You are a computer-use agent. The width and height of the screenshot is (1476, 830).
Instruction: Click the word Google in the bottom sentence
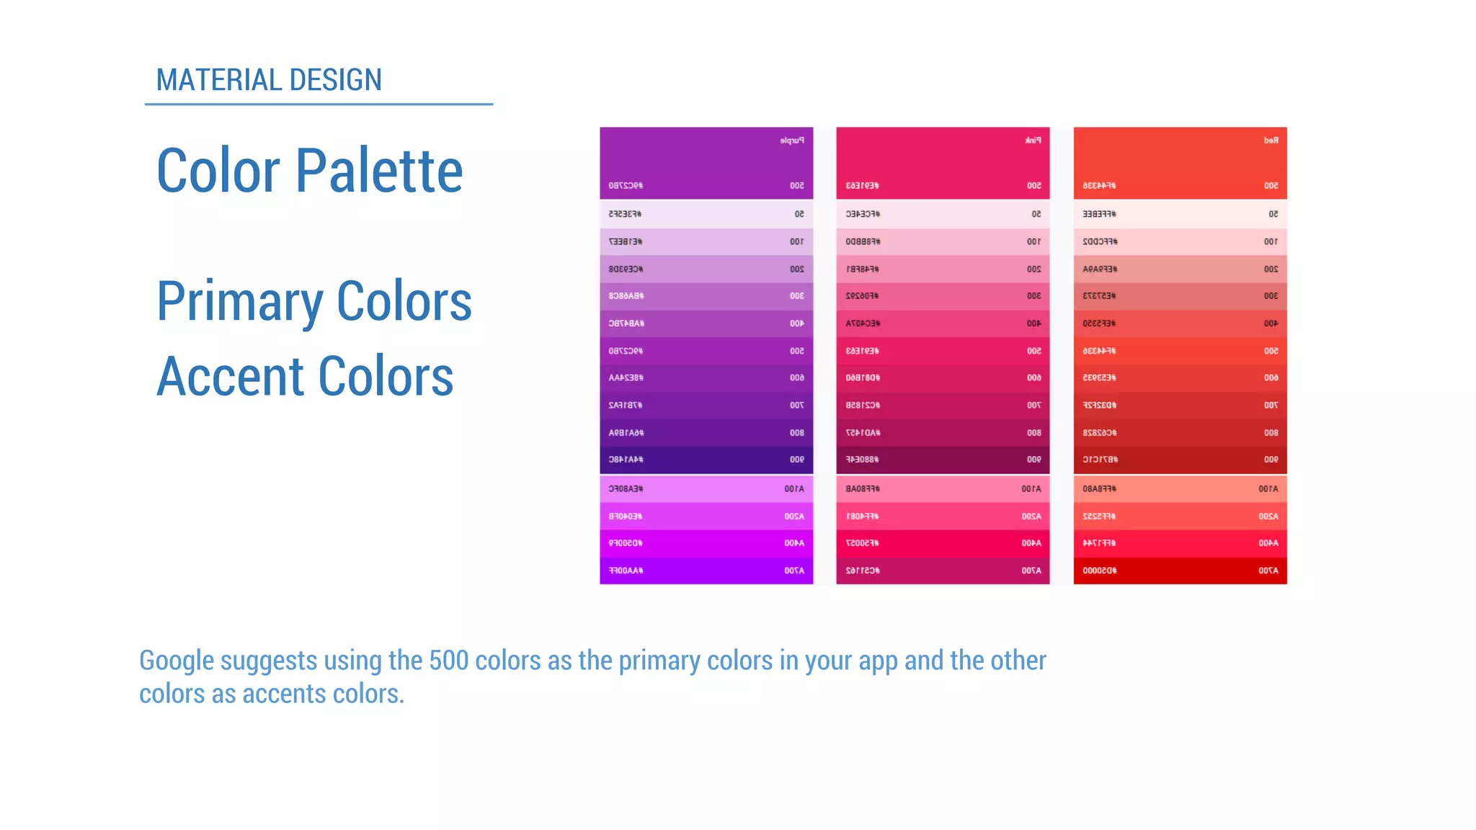tap(177, 661)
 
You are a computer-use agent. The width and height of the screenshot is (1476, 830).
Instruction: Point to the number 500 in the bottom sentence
tap(448, 661)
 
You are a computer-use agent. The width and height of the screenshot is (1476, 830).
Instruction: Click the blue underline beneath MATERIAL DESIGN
tap(319, 104)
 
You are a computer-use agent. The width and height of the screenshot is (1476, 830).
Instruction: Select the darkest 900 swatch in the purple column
tap(706, 460)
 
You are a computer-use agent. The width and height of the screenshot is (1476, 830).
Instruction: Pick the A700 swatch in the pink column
tap(943, 571)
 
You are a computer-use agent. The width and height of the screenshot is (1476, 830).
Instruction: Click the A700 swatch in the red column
tap(1180, 571)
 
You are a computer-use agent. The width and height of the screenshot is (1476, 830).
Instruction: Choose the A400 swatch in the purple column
tap(706, 543)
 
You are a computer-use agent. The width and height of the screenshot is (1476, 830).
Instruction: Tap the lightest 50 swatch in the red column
tap(1180, 214)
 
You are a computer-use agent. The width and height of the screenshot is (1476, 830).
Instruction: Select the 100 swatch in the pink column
tap(943, 241)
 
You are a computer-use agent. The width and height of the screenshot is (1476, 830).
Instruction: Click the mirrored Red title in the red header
tap(1271, 140)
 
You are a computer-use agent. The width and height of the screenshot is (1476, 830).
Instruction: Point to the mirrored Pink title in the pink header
tap(1033, 140)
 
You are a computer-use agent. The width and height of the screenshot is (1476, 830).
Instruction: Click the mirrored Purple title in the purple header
tap(791, 140)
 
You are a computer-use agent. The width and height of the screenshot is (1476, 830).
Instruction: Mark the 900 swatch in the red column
tap(1180, 460)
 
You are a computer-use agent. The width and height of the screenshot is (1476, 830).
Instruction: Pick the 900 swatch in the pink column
tap(943, 460)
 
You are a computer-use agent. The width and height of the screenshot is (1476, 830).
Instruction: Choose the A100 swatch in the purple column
tap(706, 488)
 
